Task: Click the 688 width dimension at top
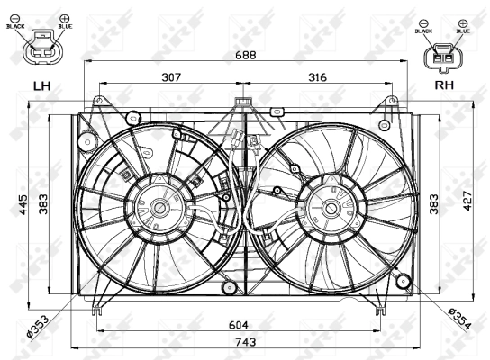tap(246, 55)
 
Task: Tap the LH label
tap(41, 86)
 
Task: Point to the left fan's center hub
tap(161, 208)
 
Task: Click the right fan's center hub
tap(332, 208)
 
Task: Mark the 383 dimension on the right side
tap(433, 203)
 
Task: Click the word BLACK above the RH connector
tap(424, 31)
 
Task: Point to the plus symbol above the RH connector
tap(462, 20)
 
